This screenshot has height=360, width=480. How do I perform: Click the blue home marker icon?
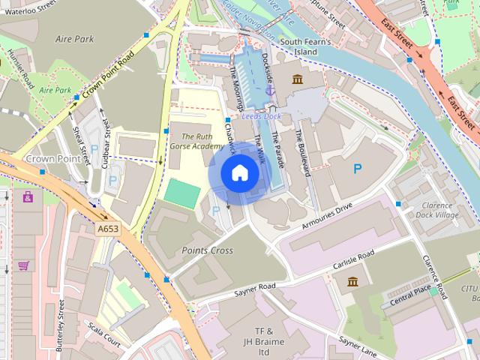click(x=239, y=173)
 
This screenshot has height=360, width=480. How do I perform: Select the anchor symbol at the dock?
click(x=270, y=90)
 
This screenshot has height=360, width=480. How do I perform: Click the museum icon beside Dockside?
click(x=297, y=79)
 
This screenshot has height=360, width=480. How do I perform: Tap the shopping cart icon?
click(x=24, y=265)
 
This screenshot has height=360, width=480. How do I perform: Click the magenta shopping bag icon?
click(x=28, y=197)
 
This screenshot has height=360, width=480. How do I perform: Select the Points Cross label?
click(x=207, y=250)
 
